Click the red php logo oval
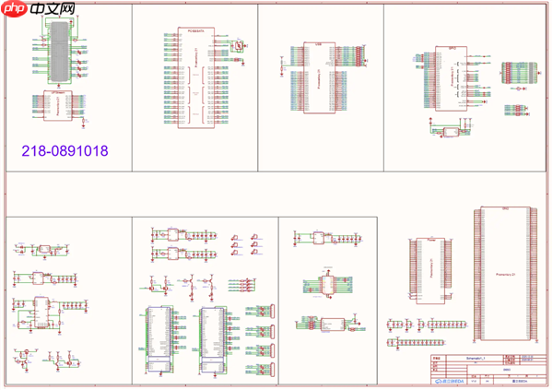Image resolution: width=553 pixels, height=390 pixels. pos(14,9)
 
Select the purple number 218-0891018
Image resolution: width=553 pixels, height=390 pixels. pos(65,149)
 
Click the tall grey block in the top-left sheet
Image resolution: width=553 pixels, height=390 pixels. pos(58,46)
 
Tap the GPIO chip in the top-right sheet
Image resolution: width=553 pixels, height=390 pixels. pos(452,79)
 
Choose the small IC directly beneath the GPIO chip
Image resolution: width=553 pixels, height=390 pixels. pos(451,132)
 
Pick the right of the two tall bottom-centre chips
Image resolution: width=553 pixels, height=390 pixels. pos(214,339)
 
